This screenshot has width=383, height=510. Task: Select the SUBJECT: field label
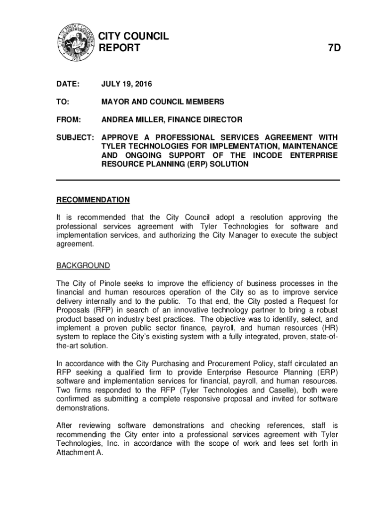click(x=74, y=137)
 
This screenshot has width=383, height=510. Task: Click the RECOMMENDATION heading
click(x=93, y=200)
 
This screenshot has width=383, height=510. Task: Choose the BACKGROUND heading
click(x=83, y=265)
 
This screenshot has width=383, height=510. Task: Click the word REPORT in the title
click(x=120, y=48)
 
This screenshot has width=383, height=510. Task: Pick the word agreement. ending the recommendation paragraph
click(x=74, y=244)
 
